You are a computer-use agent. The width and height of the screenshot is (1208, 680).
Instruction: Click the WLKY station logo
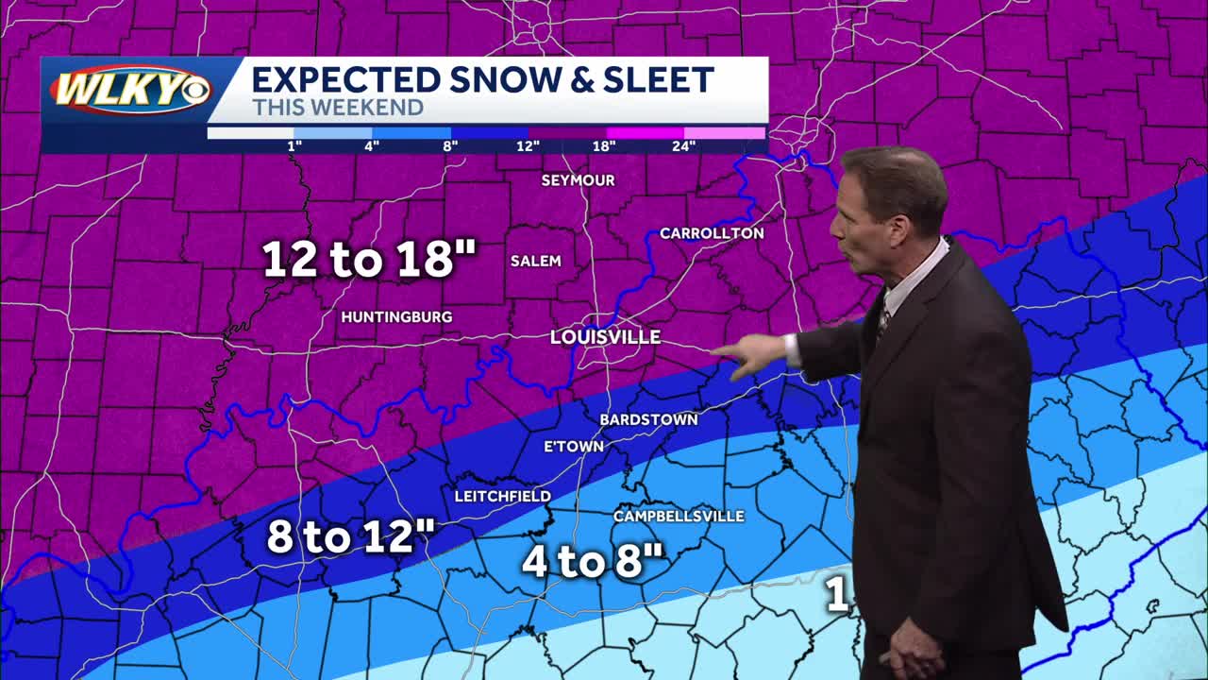tap(130, 92)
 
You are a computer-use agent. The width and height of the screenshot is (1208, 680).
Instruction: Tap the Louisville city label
tap(605, 337)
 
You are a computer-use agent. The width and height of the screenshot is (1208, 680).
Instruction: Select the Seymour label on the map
tap(578, 180)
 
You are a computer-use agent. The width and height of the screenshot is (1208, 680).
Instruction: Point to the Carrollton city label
tap(712, 233)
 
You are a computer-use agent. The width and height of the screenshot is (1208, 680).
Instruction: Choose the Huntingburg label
tap(396, 317)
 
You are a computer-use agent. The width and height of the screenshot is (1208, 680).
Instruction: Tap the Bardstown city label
tap(648, 419)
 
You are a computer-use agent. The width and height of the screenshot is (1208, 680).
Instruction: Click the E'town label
tap(574, 447)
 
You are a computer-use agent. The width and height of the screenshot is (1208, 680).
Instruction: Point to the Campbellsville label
tap(679, 517)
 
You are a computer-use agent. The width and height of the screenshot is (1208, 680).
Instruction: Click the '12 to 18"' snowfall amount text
tap(369, 259)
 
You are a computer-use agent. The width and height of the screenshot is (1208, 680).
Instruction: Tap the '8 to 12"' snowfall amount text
tap(350, 537)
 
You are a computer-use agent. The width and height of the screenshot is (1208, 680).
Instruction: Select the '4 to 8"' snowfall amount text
tap(594, 562)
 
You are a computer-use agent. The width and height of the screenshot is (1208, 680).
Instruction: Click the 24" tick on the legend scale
tap(684, 145)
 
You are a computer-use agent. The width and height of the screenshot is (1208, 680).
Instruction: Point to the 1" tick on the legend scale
tap(294, 145)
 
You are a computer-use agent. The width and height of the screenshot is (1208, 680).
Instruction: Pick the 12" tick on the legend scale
tap(528, 145)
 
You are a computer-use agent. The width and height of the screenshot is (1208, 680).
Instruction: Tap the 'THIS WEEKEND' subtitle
tap(337, 108)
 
